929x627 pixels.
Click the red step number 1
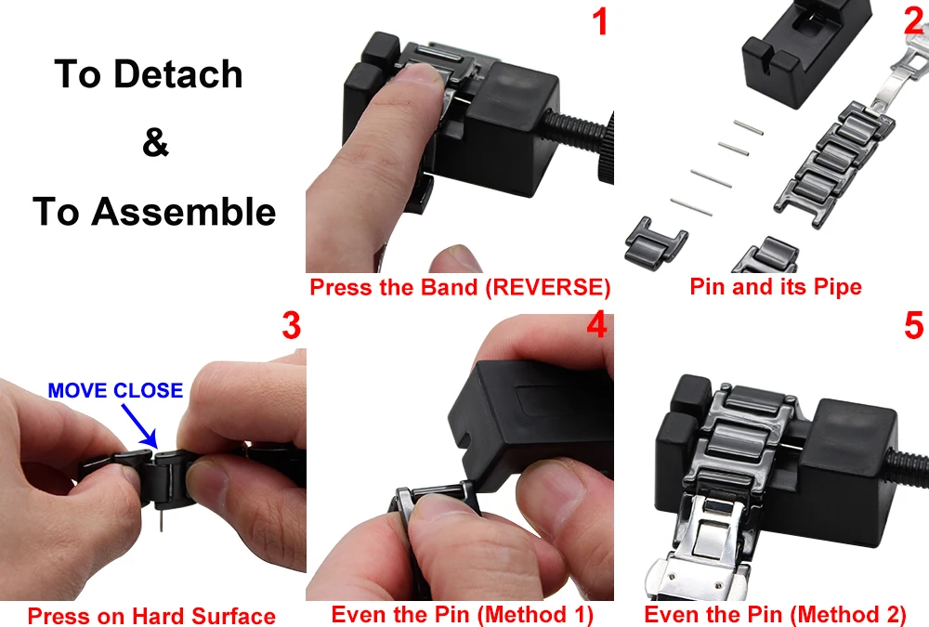[x=600, y=22]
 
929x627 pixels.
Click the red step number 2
[x=913, y=22]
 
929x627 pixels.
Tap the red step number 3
[x=291, y=327]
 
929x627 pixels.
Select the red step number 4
[x=596, y=327]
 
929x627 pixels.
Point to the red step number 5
[x=913, y=327]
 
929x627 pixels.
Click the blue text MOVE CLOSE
[x=115, y=390]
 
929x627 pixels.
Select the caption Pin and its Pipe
[x=775, y=287]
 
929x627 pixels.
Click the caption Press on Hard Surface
[x=151, y=616]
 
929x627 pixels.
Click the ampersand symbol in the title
[x=155, y=144]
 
